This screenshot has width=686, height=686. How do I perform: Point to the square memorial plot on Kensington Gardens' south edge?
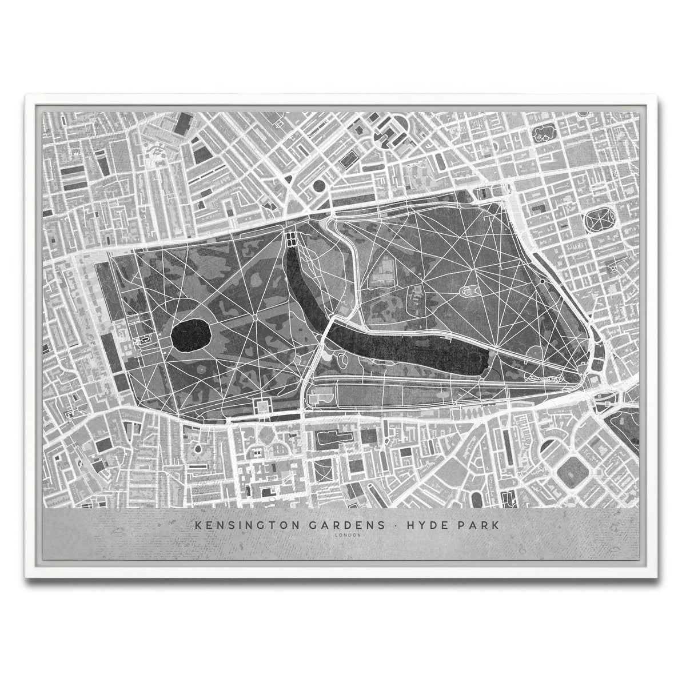click(x=264, y=406)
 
